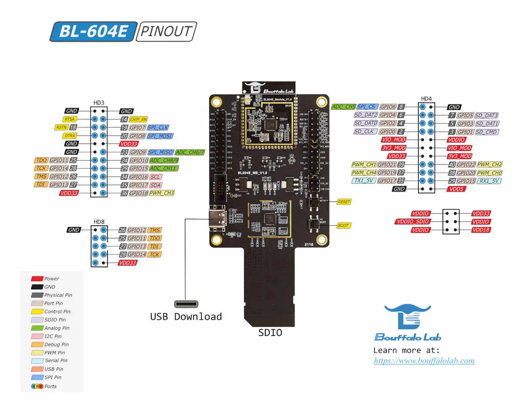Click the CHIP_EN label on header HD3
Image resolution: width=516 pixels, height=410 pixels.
[x=138, y=119]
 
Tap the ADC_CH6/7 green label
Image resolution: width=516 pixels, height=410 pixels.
[x=190, y=152]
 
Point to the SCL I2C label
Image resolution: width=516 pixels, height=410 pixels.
[x=156, y=177]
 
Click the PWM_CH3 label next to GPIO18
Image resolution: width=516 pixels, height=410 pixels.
[x=162, y=193]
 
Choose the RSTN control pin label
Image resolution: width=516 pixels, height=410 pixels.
[x=61, y=127]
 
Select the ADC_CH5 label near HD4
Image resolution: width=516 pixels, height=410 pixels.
[x=343, y=107]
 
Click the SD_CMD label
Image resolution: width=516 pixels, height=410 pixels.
[x=487, y=132]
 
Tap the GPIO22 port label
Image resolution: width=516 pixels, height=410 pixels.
[x=465, y=165]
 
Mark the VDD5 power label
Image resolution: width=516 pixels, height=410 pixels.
[x=457, y=189]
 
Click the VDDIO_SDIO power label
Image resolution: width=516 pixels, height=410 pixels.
[x=412, y=222]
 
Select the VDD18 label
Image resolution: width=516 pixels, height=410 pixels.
[x=481, y=230]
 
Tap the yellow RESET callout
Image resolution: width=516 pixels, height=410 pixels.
[x=344, y=202]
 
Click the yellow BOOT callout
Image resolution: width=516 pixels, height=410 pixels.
[x=343, y=226]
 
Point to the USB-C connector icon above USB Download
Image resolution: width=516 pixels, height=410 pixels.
[x=186, y=304]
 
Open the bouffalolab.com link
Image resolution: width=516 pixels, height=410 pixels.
[x=424, y=361]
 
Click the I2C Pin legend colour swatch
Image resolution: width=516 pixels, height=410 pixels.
[x=37, y=336]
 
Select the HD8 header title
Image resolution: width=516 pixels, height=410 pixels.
[x=99, y=222]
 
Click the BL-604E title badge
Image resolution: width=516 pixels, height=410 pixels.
[x=93, y=31]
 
